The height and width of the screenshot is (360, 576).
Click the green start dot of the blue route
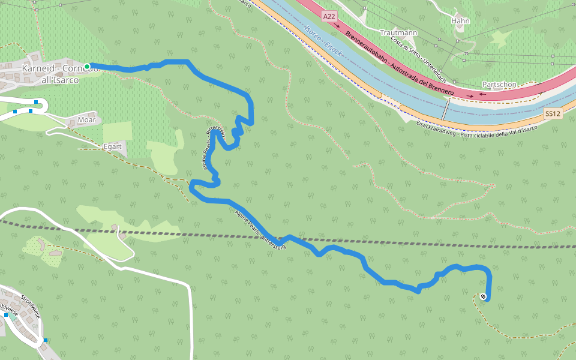(x=87, y=66)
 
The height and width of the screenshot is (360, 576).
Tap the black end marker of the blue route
(x=483, y=296)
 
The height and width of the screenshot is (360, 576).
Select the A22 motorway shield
(x=329, y=17)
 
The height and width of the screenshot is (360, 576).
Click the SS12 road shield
(x=553, y=113)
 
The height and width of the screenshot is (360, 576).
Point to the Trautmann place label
(x=399, y=32)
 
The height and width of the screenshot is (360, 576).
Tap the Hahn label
(x=461, y=21)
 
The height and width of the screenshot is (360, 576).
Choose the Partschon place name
(x=499, y=85)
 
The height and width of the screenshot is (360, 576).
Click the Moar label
(x=86, y=120)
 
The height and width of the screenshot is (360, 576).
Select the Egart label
(x=113, y=146)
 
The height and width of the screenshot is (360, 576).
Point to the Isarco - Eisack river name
(x=323, y=39)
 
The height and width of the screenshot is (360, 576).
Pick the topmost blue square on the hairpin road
(x=37, y=102)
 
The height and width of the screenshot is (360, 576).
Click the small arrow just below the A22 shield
(x=337, y=26)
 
